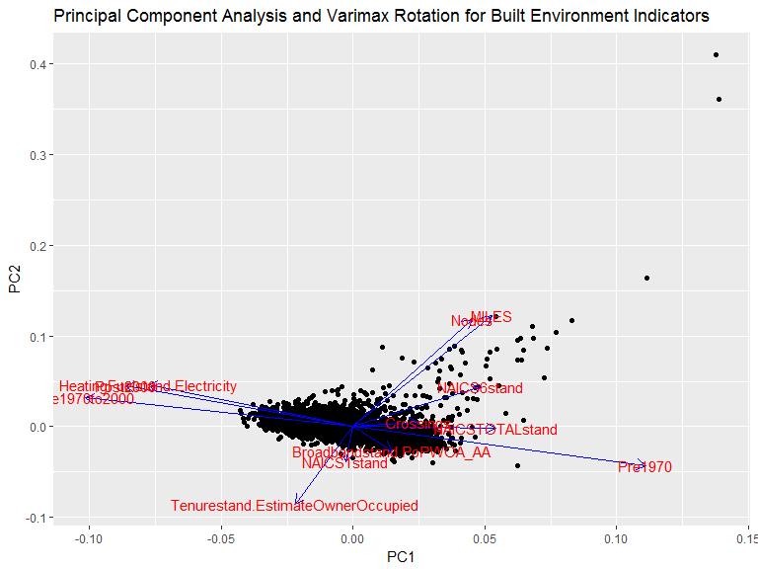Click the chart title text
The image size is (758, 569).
pos(381,17)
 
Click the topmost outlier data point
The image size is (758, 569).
pos(716,54)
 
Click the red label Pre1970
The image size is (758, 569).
pos(644,467)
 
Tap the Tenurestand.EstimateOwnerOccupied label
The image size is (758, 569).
pos(294,506)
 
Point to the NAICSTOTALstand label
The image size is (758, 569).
pos(495,430)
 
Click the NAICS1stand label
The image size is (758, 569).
pos(344,462)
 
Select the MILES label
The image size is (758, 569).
pos(492,317)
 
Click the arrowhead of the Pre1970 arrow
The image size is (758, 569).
pos(644,463)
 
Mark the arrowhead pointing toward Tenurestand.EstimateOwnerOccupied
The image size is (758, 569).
pos(297,503)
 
